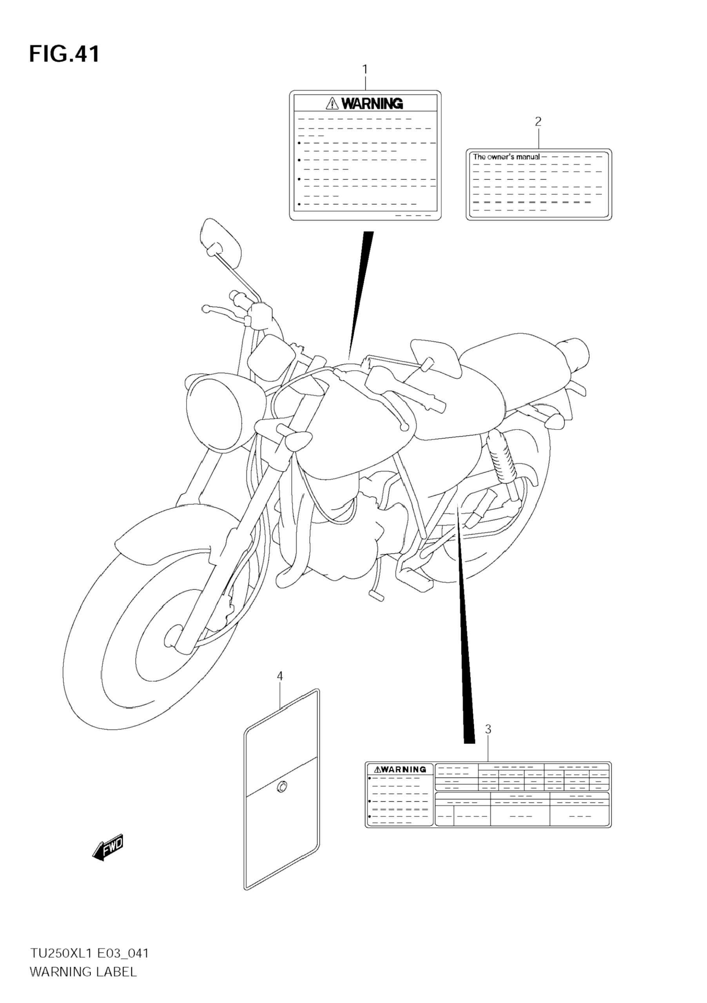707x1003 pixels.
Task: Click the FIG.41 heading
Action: pos(64,54)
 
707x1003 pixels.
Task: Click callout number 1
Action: pos(365,69)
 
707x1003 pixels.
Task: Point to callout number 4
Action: pos(280,676)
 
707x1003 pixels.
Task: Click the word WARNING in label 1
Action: pos(372,104)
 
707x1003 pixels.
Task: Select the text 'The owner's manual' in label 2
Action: pos(506,157)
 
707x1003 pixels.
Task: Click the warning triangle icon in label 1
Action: pos(332,104)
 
